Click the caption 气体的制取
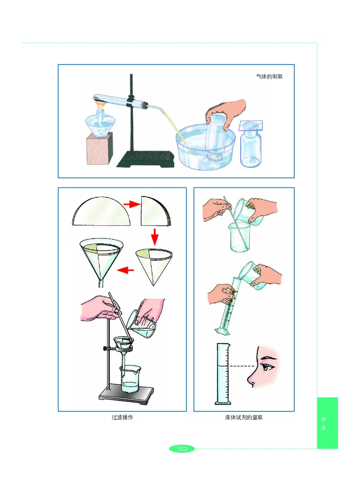tap(269, 76)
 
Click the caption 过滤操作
tap(122, 418)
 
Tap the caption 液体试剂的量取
tap(243, 418)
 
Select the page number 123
tap(182, 449)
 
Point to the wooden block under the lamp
tap(99, 150)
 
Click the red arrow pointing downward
tap(154, 236)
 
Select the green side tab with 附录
tap(327, 423)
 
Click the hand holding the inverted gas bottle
tap(227, 112)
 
